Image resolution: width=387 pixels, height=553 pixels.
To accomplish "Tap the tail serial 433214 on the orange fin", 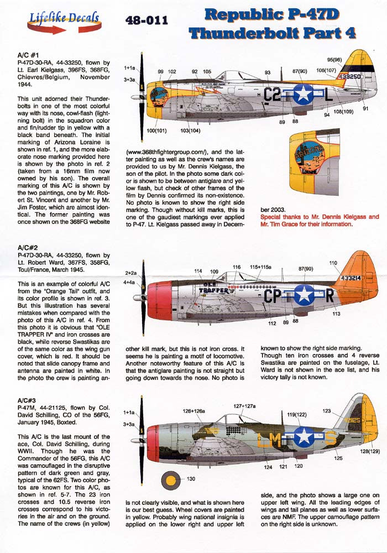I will coord(352,278).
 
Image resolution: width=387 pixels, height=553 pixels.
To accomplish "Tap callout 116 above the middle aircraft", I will coord(237,268).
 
